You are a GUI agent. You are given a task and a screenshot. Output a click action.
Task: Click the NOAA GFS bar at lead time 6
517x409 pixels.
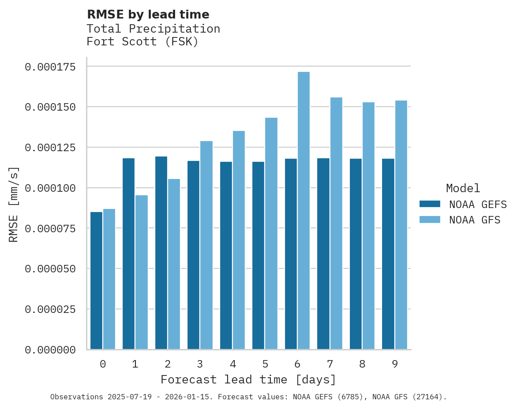tap(303, 211)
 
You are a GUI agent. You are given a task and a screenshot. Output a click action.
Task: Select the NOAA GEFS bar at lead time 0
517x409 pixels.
tap(96, 281)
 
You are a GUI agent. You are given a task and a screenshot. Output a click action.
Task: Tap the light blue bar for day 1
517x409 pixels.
tap(142, 272)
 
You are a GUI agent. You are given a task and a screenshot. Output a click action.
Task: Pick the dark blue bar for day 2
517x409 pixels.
tap(161, 253)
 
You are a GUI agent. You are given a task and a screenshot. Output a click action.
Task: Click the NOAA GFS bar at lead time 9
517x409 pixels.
tap(401, 225)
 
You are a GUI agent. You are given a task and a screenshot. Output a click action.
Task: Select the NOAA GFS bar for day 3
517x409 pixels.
tap(206, 245)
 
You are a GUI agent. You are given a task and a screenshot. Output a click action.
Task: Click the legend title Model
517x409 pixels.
tap(463, 188)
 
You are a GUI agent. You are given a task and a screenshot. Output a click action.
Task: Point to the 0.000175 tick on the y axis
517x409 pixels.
tap(50, 67)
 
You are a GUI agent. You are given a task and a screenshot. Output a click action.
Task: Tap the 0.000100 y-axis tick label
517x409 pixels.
tap(50, 188)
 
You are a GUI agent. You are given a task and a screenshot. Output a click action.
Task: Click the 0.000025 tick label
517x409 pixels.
tap(50, 309)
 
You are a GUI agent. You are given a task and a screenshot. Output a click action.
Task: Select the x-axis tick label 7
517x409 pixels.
tap(330, 364)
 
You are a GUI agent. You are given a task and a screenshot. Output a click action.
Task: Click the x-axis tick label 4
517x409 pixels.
tap(232, 364)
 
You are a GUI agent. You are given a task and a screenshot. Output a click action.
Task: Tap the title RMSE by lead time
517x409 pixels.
tap(148, 15)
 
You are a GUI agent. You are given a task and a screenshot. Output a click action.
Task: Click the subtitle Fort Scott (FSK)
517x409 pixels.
tap(142, 42)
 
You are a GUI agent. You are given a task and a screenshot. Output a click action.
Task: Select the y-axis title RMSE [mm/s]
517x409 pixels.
tap(14, 204)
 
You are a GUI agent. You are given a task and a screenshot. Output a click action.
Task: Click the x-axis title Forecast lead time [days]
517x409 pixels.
tap(248, 379)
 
